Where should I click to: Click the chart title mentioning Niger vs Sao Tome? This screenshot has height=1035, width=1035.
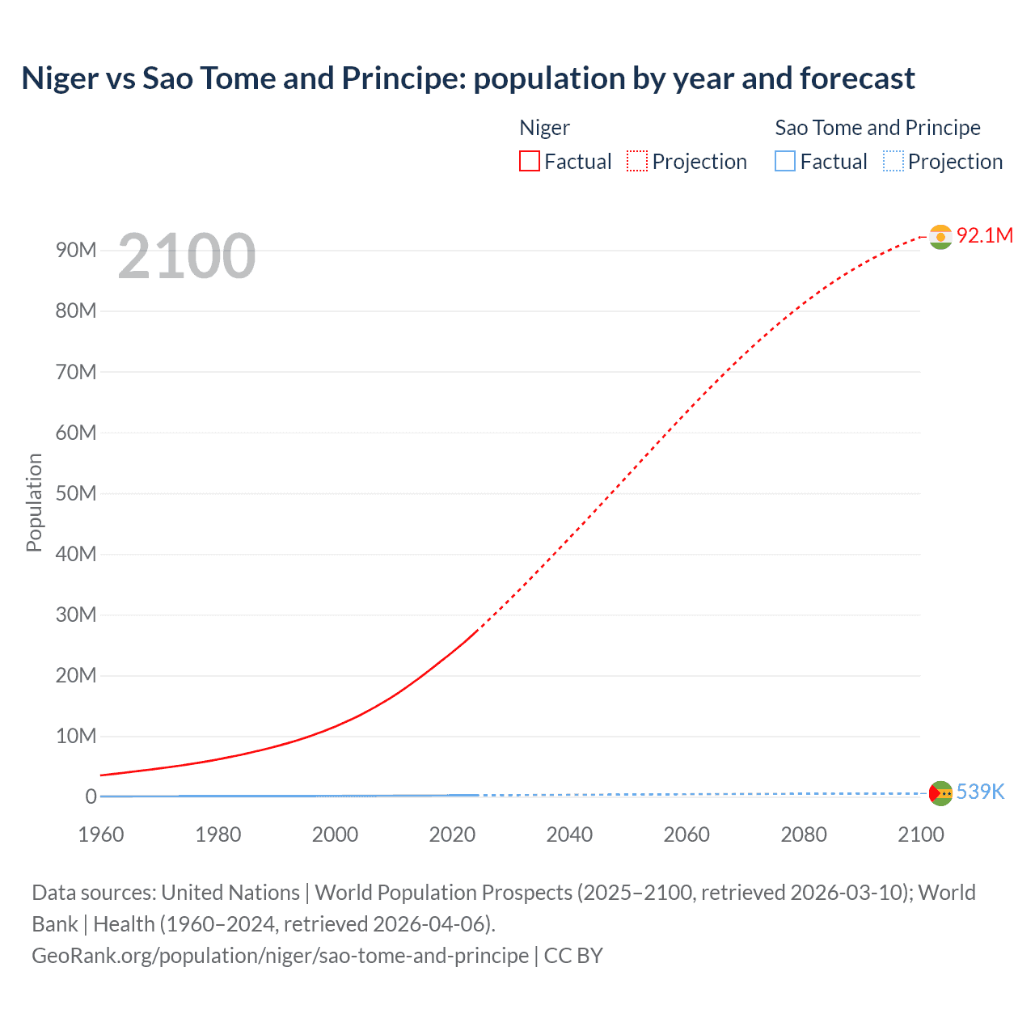(468, 78)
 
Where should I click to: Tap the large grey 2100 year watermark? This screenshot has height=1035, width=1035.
(187, 256)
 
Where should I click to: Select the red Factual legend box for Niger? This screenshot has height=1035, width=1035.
(530, 162)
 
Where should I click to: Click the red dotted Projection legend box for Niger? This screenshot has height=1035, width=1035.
(637, 162)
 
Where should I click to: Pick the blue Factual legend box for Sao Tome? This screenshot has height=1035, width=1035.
(785, 162)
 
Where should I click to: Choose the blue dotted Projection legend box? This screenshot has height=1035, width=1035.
(893, 162)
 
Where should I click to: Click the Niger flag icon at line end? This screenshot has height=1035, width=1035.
(940, 236)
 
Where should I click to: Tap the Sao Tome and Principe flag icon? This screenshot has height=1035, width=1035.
(940, 793)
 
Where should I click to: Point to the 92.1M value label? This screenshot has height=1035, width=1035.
(984, 235)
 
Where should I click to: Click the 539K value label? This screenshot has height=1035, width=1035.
(980, 792)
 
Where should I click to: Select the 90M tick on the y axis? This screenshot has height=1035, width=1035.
(76, 250)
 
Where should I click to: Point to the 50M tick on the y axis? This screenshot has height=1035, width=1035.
(76, 493)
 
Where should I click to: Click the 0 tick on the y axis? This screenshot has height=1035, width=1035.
(91, 796)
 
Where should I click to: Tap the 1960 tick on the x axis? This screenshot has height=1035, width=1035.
(101, 834)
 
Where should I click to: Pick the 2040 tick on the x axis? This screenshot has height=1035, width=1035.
(569, 834)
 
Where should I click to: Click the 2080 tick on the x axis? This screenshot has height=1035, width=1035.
(804, 834)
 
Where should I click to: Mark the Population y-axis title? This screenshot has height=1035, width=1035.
(34, 502)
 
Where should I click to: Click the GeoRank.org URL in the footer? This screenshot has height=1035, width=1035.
(280, 956)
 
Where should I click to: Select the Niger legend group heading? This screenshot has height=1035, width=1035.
(544, 128)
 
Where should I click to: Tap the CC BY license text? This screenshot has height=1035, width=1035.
(573, 956)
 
